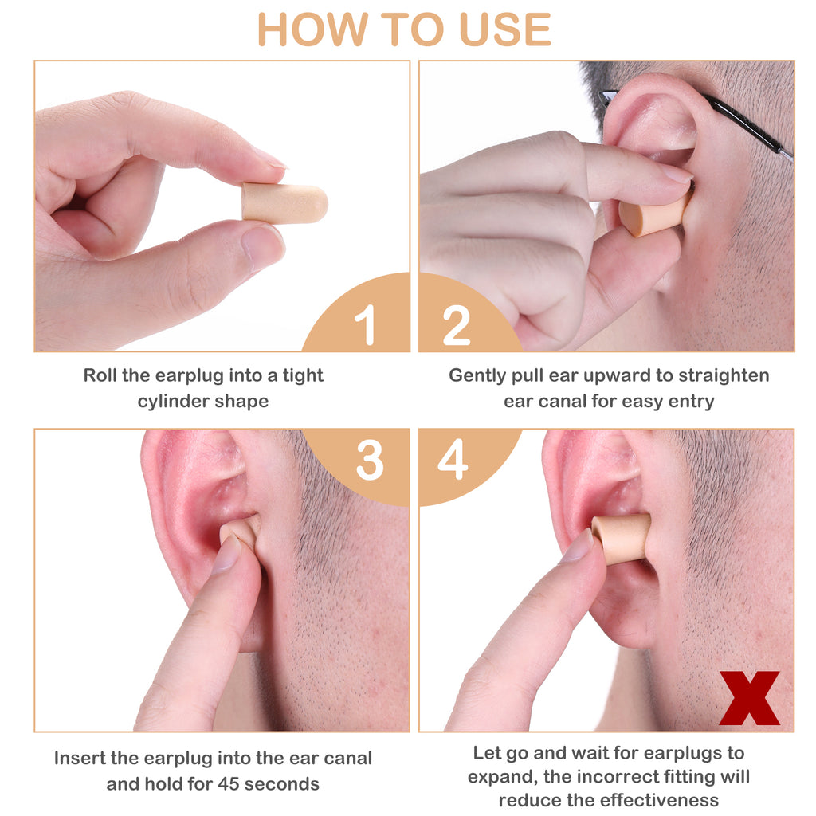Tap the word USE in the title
pyautogui.click(x=504, y=29)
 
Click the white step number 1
pyautogui.click(x=366, y=324)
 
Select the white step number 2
pyautogui.click(x=456, y=325)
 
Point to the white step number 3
pyautogui.click(x=370, y=460)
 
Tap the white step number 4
pyautogui.click(x=453, y=459)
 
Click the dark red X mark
pyautogui.click(x=749, y=698)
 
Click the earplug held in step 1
pyautogui.click(x=284, y=203)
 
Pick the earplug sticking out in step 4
pyautogui.click(x=622, y=539)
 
